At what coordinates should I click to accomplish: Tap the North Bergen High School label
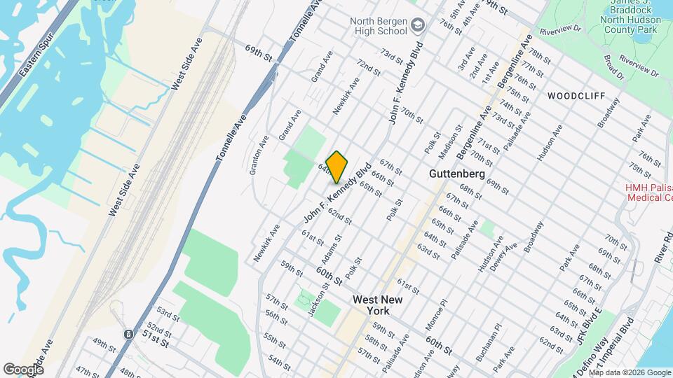point(379,25)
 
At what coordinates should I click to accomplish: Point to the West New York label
point(377,305)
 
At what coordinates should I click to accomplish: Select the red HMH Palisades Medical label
point(648,192)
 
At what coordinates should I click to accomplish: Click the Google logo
point(23,369)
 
